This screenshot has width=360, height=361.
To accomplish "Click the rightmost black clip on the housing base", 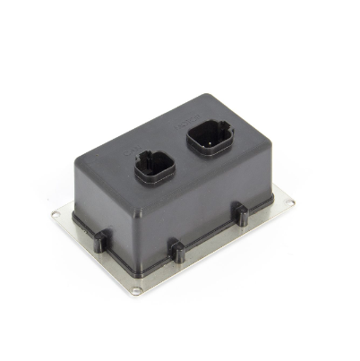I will coord(241,212).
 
